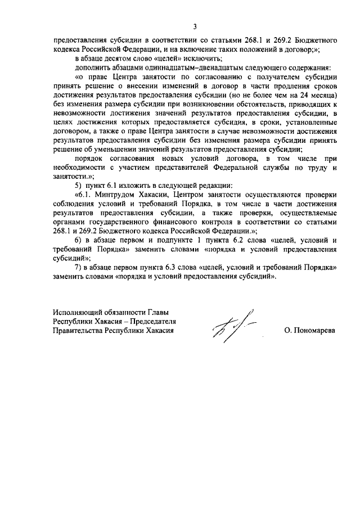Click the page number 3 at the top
[195, 26]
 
